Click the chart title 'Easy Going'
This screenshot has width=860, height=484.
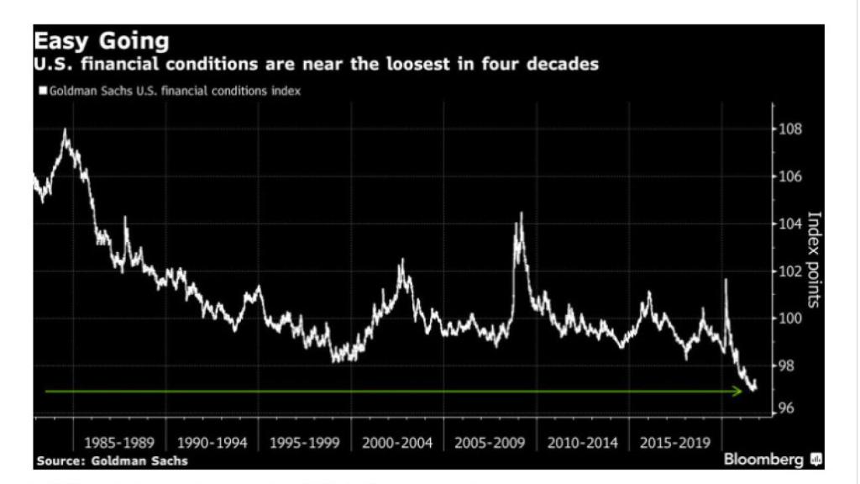(101, 41)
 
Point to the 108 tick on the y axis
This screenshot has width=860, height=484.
(791, 129)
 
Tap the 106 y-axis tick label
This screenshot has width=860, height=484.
(791, 176)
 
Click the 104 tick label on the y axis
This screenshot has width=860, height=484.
(791, 224)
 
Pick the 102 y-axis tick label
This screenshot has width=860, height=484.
(791, 271)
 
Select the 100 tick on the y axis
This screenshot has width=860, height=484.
(791, 318)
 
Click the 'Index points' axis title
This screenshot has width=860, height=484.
(813, 260)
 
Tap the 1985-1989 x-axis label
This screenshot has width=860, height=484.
(118, 442)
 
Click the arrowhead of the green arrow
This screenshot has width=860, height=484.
(739, 391)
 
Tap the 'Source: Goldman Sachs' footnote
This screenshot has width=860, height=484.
(112, 461)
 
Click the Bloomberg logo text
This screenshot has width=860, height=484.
(764, 460)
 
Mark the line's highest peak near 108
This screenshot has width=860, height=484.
(65, 130)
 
